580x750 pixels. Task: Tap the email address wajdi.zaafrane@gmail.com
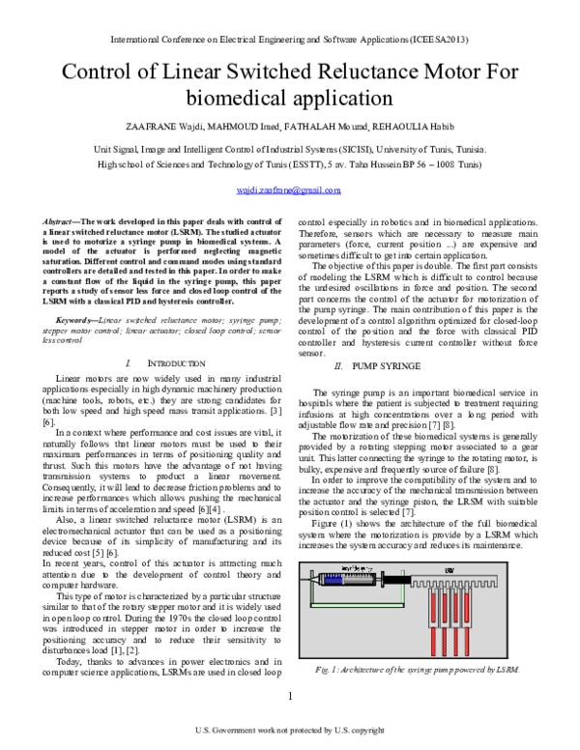point(289,191)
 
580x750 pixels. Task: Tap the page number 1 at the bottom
point(290,698)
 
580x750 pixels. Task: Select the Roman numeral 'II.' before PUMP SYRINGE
point(338,368)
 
